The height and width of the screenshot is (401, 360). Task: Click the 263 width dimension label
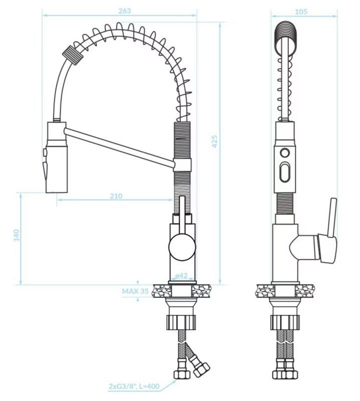coord(125,11)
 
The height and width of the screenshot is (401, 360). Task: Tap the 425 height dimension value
coord(214,141)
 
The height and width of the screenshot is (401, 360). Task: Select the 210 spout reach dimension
coord(116,196)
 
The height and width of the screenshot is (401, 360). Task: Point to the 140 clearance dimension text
coord(16,235)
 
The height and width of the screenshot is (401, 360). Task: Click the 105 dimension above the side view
coord(301,12)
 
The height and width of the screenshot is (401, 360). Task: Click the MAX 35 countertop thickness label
coord(135,291)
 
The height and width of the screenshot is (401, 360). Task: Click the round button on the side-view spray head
coord(284,153)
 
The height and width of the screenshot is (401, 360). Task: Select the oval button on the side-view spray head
coord(284,172)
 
